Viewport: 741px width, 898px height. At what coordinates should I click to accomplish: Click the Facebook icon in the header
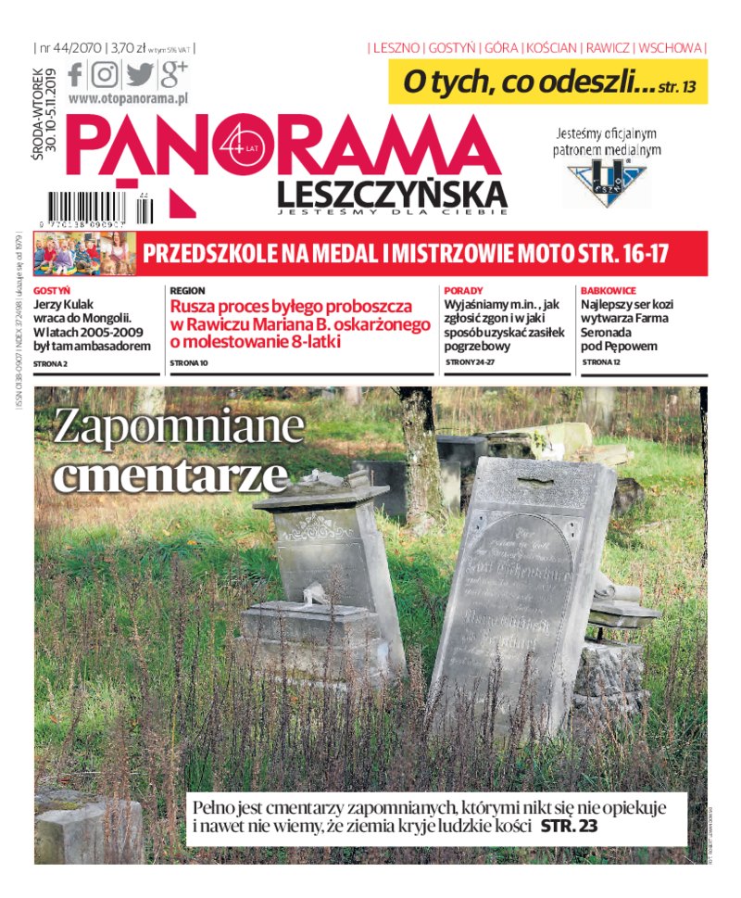pos(76,73)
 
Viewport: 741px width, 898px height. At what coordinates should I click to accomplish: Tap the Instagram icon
pos(106,73)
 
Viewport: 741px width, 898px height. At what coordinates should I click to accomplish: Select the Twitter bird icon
pos(139,73)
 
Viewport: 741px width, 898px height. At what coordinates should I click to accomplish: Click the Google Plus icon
pos(174,72)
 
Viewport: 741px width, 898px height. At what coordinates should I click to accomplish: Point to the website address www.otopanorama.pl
pos(129,97)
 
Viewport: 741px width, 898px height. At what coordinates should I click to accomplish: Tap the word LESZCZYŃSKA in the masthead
pos(392,194)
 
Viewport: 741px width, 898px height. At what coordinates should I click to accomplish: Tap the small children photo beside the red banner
pos(83,254)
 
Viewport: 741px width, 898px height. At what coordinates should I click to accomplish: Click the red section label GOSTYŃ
pos(52,290)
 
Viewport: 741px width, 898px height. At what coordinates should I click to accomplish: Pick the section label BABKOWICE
pos(608,290)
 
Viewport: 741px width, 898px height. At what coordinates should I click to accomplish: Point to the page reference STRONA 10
pos(190,363)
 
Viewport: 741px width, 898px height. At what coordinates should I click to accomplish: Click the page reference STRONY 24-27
pos(470,362)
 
